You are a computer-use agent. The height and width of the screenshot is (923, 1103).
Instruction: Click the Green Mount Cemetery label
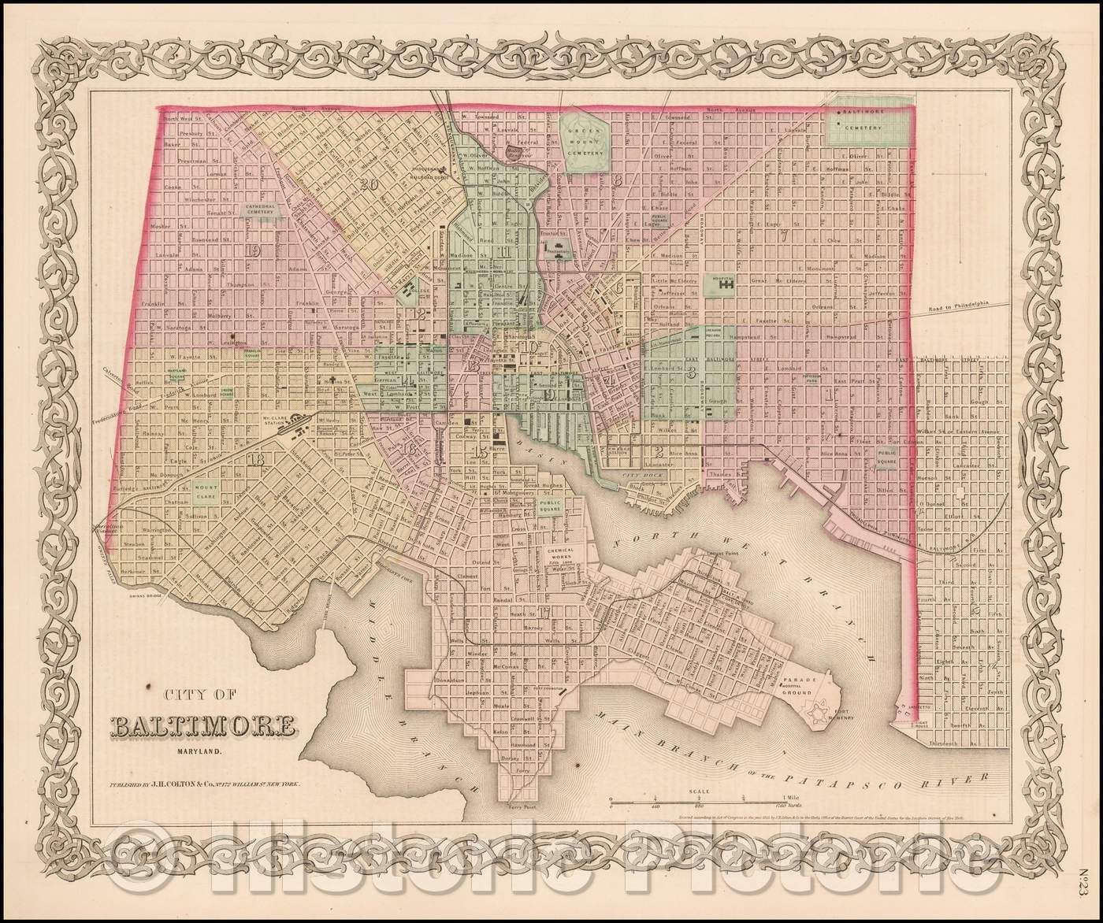click(585, 142)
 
